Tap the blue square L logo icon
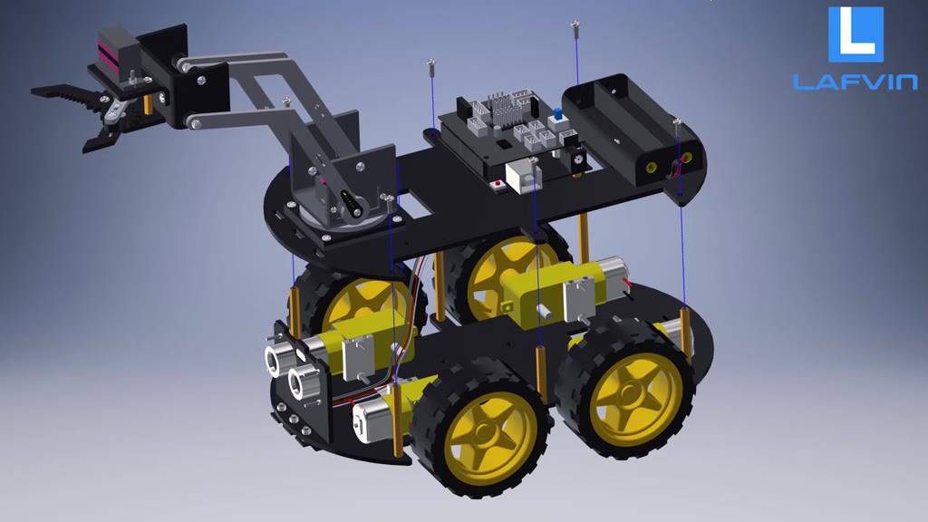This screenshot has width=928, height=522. (x=855, y=34)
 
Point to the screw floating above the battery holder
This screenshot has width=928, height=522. (x=575, y=29)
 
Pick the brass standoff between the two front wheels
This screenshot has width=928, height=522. (x=541, y=372)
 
